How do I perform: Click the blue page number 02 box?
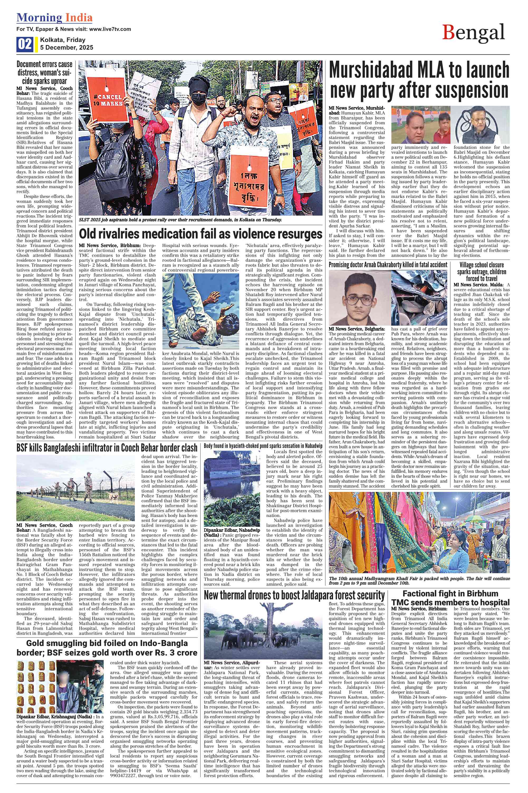[x=25, y=44]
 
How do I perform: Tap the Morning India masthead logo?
[x=55, y=17]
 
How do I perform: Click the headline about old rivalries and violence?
[x=200, y=234]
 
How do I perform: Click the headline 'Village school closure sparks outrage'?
[x=482, y=272]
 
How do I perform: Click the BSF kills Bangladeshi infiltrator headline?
[x=107, y=448]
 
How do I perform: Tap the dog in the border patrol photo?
[x=111, y=496]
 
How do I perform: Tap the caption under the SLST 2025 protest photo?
[x=180, y=220]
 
